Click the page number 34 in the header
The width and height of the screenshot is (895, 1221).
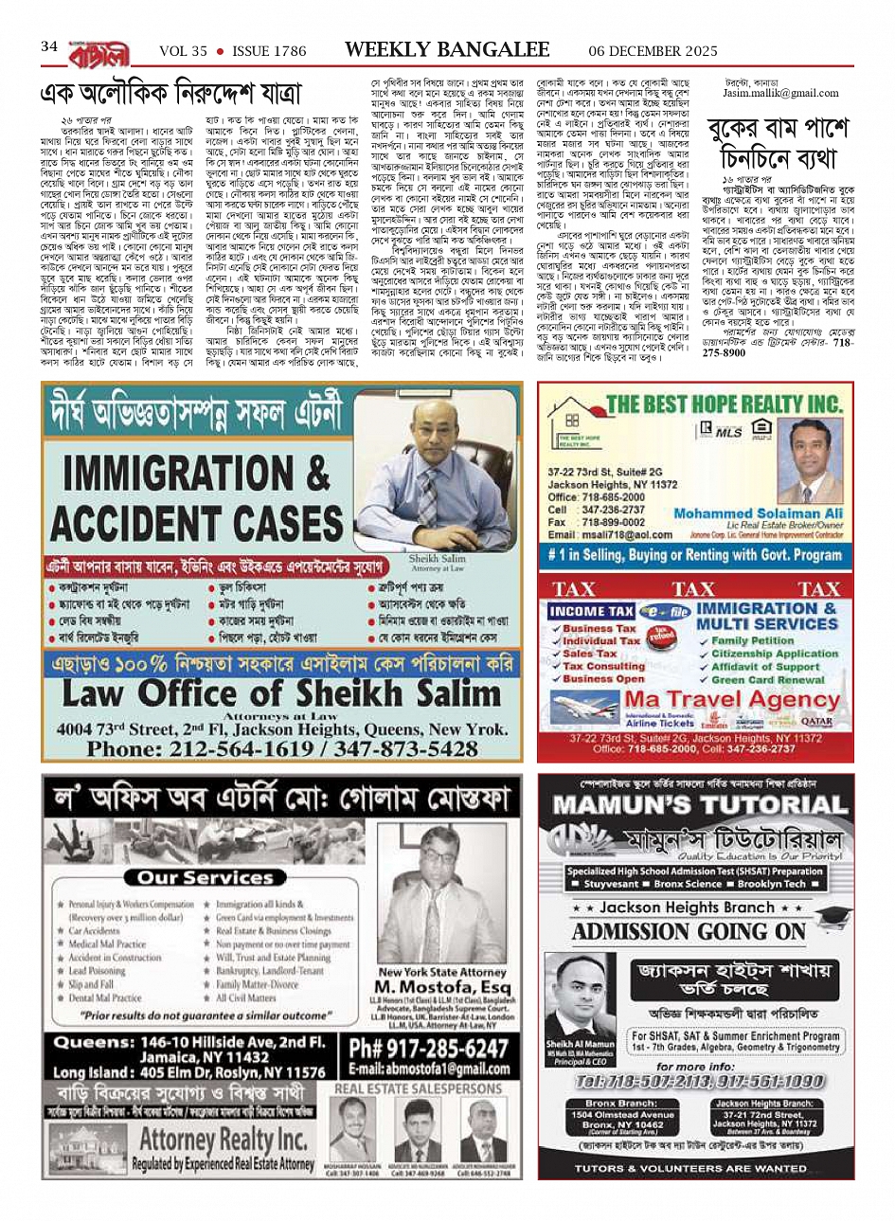49,46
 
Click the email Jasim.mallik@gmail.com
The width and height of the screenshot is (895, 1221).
781,93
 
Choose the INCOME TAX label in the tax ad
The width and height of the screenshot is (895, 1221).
591,612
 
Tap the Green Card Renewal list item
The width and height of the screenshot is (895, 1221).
769,679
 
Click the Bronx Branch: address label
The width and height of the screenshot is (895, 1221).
621,1104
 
